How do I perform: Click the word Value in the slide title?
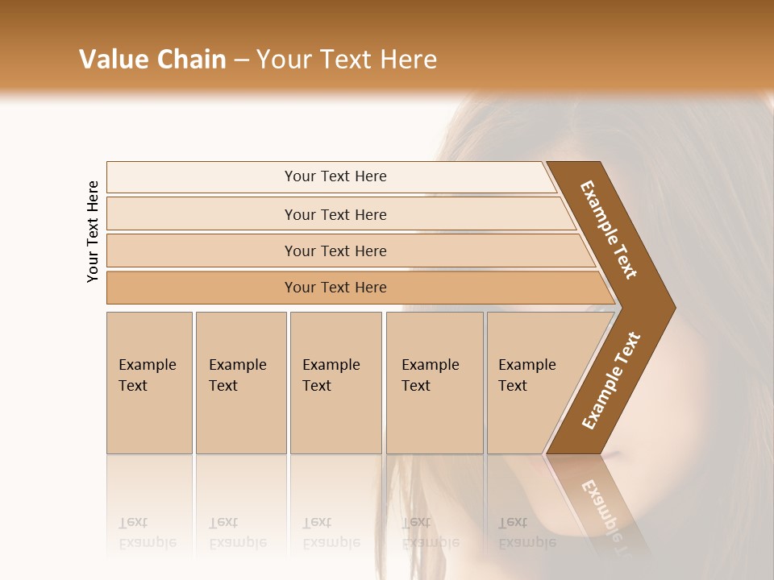point(112,60)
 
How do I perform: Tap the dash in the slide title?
point(241,60)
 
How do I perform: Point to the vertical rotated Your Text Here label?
point(93,232)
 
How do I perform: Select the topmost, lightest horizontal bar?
point(335,176)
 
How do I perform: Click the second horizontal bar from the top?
point(335,214)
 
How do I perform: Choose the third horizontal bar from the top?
point(335,251)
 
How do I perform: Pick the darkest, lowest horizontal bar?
point(335,288)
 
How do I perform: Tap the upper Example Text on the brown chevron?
point(609,230)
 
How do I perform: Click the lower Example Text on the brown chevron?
point(611,381)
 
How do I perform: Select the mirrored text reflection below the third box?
point(331,532)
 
